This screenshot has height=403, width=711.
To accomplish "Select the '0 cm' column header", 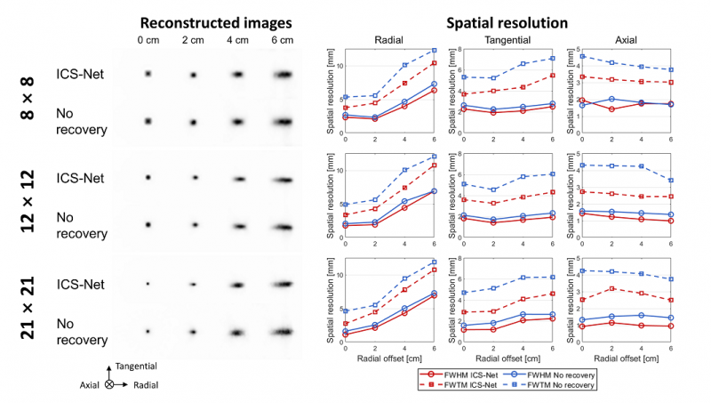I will tap(148, 40).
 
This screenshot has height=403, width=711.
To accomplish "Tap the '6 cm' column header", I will tap(282, 40).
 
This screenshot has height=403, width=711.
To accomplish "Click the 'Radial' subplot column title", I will tap(389, 40).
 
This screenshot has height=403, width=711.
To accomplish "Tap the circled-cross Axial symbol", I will tap(108, 385).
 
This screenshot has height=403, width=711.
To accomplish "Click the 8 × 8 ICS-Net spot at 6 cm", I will tap(282, 75).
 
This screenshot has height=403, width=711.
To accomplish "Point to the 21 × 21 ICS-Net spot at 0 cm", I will tap(148, 285).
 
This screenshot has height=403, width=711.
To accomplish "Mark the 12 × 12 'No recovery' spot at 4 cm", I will tap(238, 226).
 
